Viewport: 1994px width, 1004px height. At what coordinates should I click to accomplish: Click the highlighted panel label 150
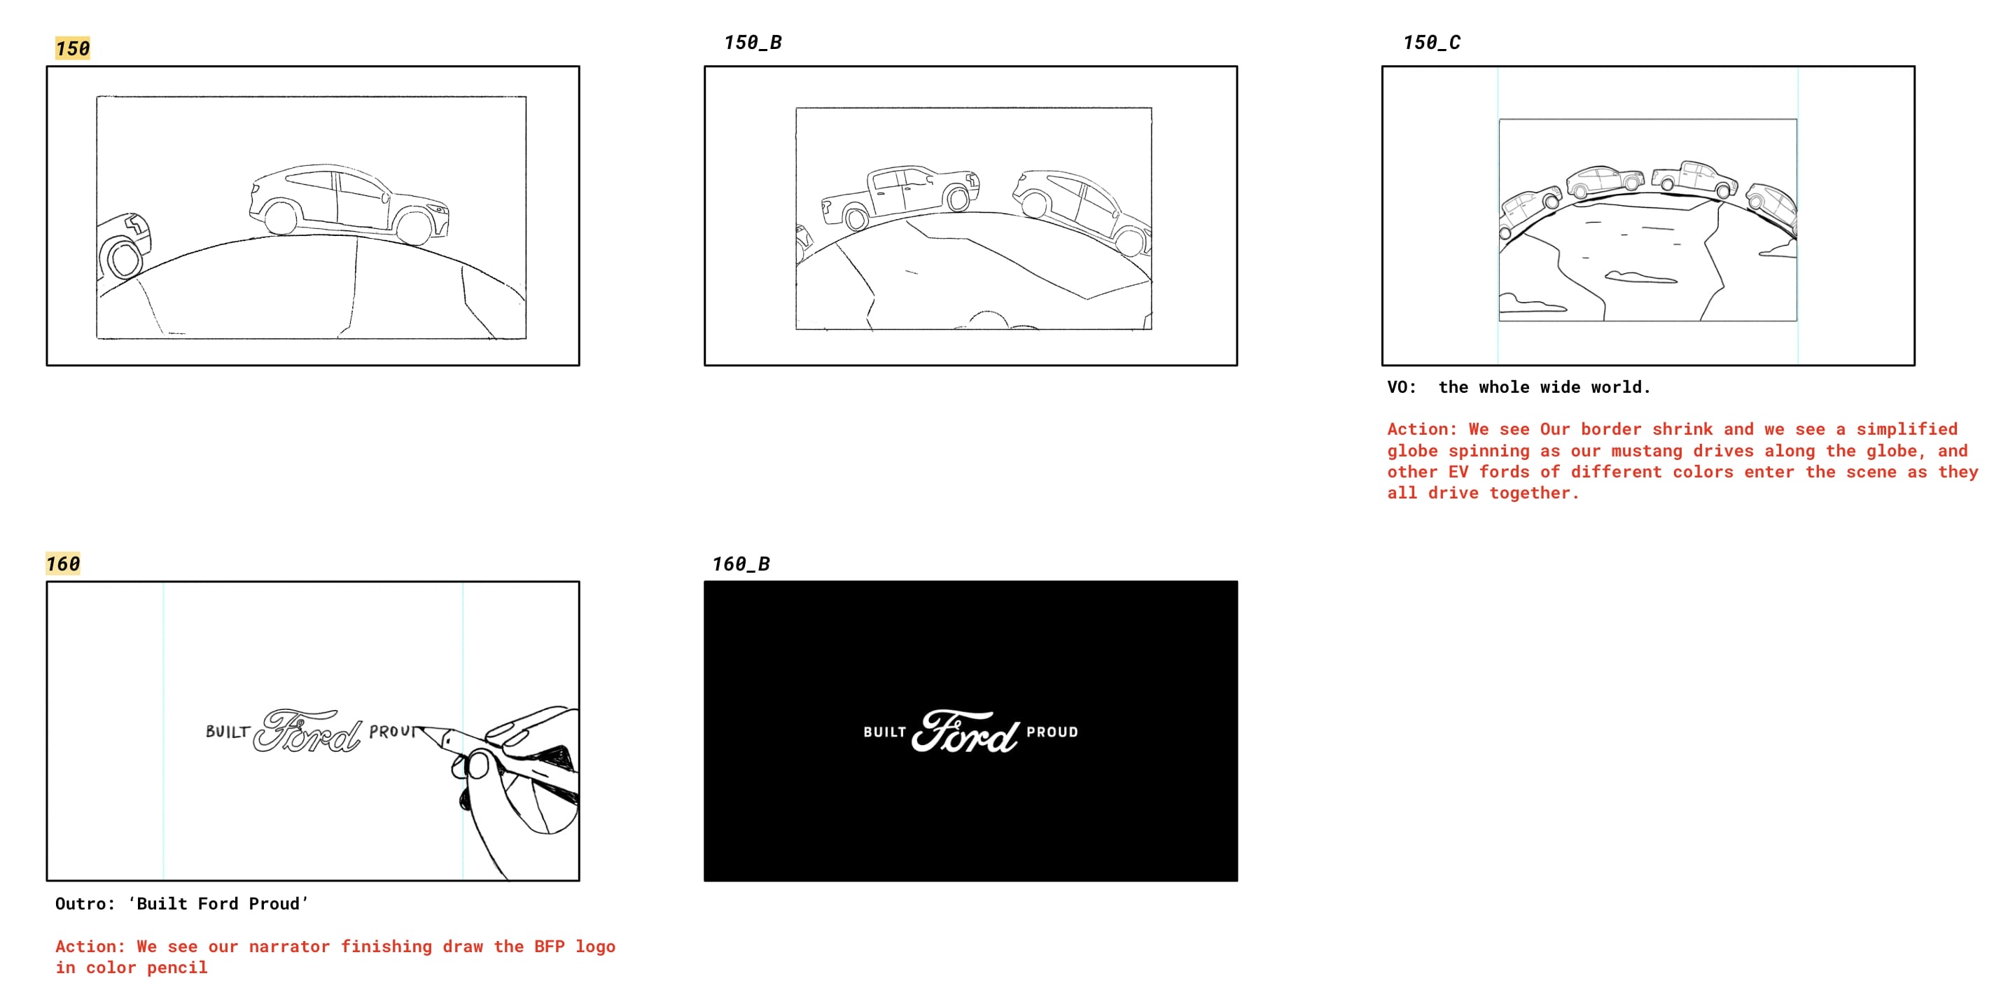click(73, 49)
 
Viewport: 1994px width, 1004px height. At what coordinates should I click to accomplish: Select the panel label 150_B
click(753, 43)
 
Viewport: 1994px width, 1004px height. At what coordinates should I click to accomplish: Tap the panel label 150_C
click(1431, 43)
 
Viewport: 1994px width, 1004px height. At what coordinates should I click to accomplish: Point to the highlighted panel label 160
click(63, 564)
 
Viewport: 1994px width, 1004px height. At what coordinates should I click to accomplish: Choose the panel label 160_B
click(741, 564)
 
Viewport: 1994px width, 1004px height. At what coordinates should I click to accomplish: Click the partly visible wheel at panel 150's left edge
click(122, 259)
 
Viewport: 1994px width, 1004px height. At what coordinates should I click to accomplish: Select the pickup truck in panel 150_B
click(900, 197)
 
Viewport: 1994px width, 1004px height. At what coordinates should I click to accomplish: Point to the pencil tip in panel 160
click(419, 727)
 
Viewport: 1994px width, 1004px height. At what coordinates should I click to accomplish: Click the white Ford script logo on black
click(965, 732)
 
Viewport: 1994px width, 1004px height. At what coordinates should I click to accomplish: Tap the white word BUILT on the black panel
click(884, 732)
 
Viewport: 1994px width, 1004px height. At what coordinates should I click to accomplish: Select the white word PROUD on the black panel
click(1052, 732)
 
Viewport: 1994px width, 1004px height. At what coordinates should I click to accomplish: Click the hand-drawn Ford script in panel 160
click(307, 731)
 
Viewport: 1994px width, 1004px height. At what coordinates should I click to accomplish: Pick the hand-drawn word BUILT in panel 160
click(228, 732)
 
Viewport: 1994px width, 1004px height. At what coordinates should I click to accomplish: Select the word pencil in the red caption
click(177, 968)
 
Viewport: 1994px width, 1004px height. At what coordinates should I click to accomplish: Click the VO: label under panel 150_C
click(1401, 387)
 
